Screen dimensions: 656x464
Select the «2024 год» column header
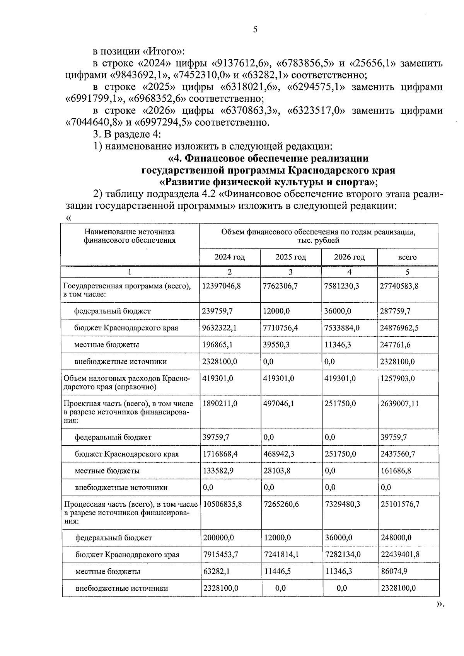pos(230,257)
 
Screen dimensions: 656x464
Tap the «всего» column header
pos(407,257)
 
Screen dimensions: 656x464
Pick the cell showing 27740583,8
pos(399,286)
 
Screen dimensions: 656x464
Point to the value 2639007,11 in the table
pos(399,404)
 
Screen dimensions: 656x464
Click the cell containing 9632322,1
pos(219,328)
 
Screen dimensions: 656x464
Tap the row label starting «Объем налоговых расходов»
pos(127,382)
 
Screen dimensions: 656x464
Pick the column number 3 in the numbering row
pos(290,272)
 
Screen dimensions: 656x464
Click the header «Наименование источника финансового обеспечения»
pos(130,236)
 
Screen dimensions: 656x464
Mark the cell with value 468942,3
pos(279,454)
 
